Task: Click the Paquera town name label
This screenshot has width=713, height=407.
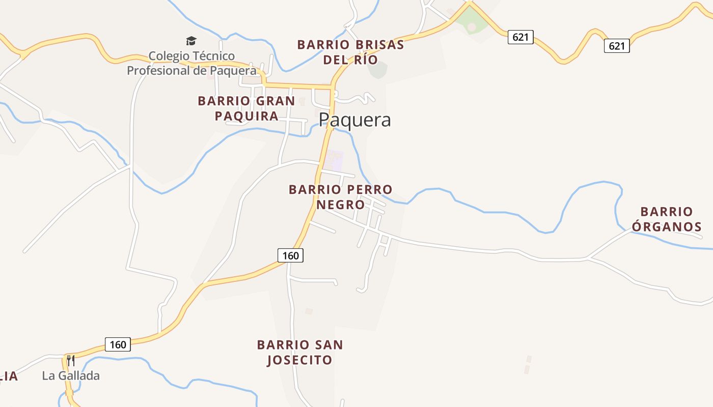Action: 355,120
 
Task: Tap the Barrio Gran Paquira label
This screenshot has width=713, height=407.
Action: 246,108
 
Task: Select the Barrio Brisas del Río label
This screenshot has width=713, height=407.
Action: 350,52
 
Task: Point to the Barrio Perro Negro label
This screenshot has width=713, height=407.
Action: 340,197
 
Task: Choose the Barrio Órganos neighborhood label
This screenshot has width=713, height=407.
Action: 666,219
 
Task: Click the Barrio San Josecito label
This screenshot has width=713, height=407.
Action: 299,352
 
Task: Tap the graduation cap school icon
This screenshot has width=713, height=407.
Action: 191,41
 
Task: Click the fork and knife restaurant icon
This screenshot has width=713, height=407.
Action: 71,361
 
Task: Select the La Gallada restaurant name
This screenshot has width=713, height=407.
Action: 71,376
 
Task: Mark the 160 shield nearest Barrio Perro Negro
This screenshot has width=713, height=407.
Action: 290,255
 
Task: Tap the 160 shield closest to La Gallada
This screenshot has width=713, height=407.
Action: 118,344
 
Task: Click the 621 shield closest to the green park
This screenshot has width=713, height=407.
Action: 520,37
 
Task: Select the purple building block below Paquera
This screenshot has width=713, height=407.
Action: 334,160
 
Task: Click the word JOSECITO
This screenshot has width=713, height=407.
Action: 299,360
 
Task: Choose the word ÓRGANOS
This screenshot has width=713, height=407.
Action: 666,227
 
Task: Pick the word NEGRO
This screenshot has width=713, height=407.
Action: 340,205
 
